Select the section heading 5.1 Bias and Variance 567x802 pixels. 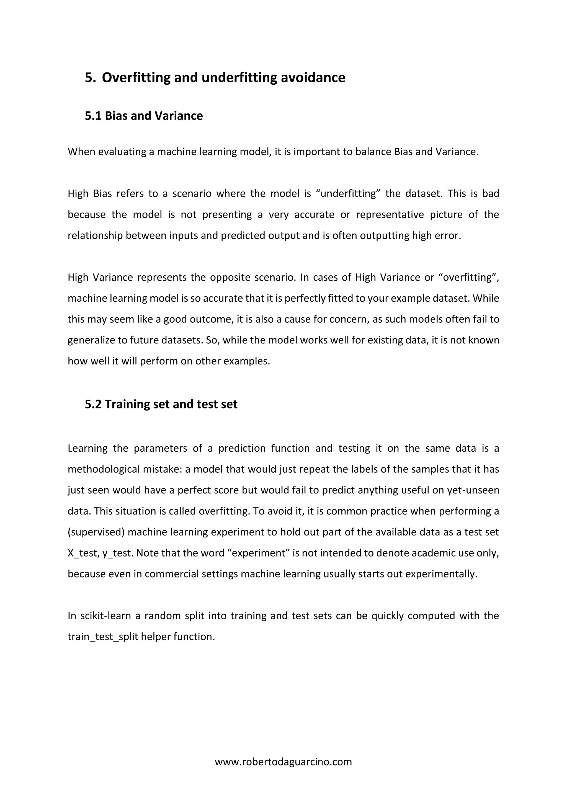pos(144,116)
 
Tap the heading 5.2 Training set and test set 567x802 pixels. pos(161,404)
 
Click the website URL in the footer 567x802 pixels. pos(283,762)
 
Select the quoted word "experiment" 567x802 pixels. pos(261,553)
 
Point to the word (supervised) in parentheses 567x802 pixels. pos(96,532)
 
